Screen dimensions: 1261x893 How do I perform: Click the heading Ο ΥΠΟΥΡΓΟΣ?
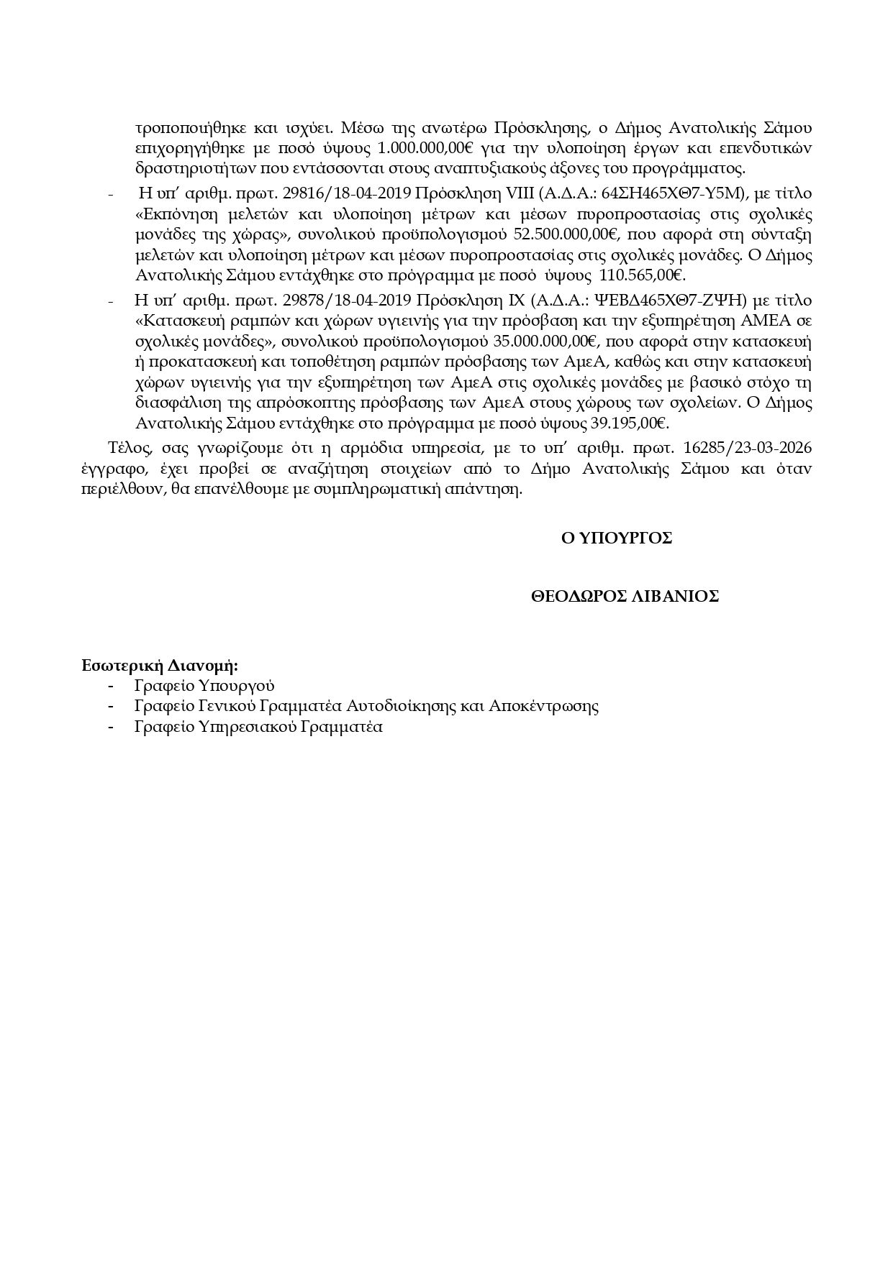tap(617, 538)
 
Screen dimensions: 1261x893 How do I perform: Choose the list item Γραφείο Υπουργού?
tap(204, 686)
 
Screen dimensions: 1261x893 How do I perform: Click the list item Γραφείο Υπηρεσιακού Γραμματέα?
tap(258, 727)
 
